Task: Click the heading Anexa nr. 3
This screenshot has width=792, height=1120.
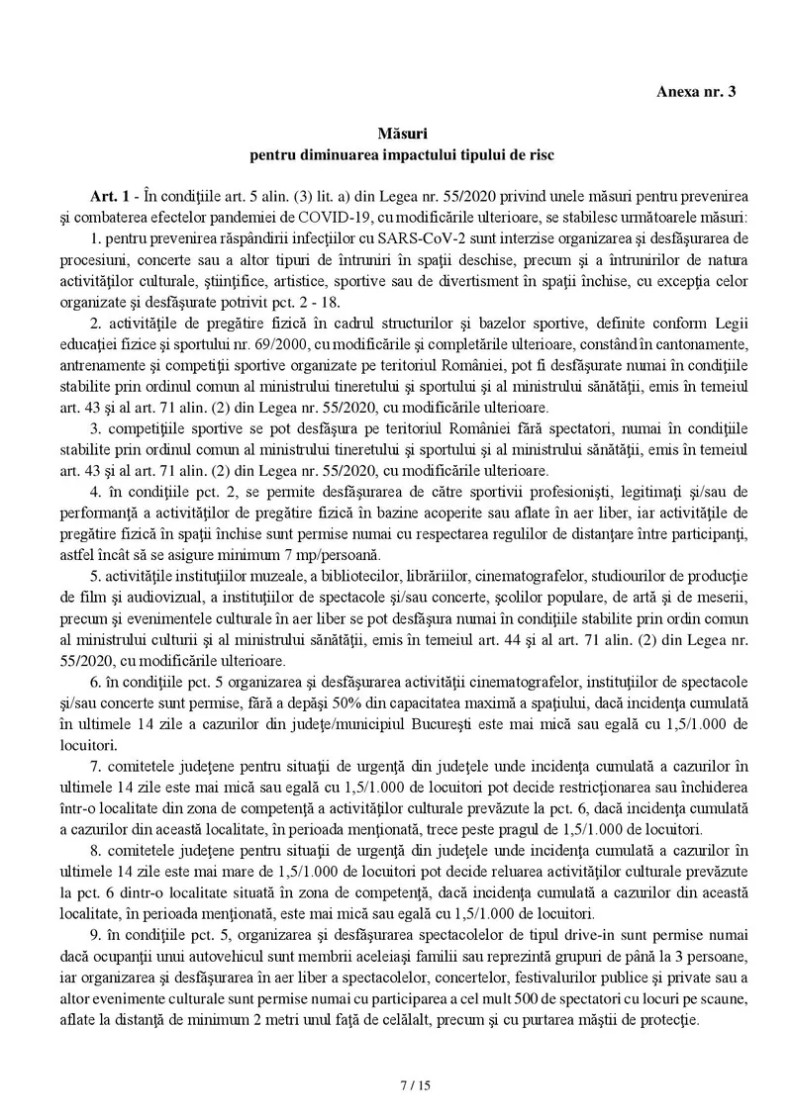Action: coord(696,91)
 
